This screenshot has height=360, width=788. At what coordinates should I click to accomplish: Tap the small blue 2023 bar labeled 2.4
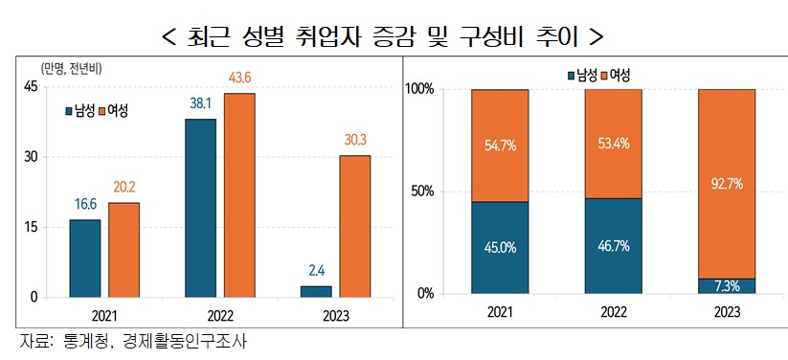click(315, 291)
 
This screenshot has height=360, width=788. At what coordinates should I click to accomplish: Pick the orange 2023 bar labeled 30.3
click(354, 226)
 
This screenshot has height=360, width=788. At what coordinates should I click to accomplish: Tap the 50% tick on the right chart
click(421, 191)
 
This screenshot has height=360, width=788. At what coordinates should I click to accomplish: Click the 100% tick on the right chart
click(419, 89)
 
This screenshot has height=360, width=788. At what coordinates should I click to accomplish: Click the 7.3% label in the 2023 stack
click(726, 285)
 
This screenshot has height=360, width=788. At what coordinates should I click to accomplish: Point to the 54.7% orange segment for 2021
click(499, 146)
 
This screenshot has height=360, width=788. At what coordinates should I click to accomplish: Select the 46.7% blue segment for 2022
click(613, 245)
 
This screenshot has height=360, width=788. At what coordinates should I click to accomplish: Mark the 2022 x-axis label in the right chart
click(613, 313)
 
